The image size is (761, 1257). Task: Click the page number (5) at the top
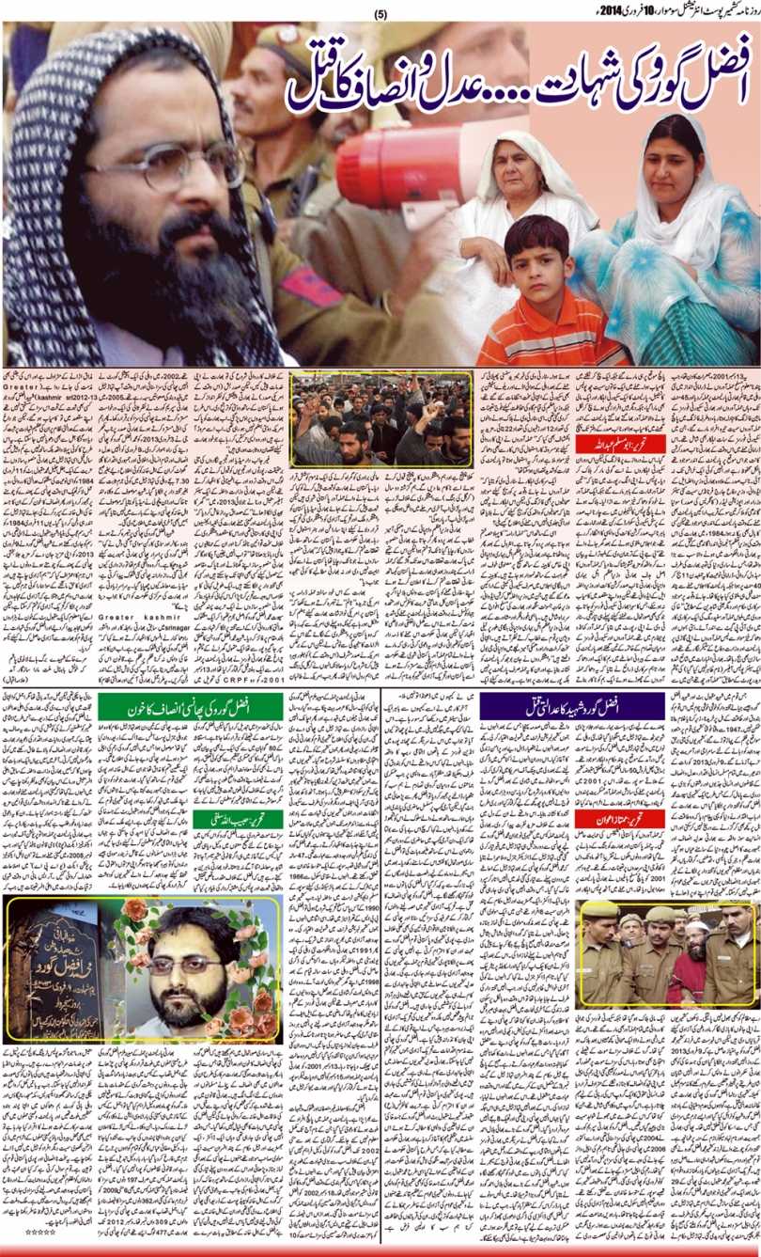click(380, 14)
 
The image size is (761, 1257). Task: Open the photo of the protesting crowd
click(380, 417)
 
